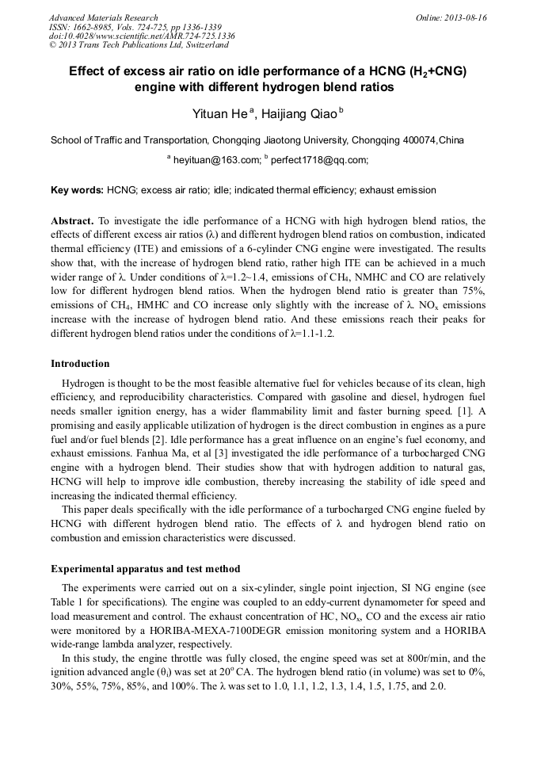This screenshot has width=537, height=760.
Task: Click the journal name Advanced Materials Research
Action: tap(103, 17)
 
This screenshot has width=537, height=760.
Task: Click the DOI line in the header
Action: tap(142, 36)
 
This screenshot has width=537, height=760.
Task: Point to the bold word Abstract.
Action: tap(72, 221)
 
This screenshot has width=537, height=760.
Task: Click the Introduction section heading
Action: tap(80, 364)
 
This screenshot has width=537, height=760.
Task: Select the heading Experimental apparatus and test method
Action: tap(145, 569)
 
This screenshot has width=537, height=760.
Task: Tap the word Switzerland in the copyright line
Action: tap(197, 46)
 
